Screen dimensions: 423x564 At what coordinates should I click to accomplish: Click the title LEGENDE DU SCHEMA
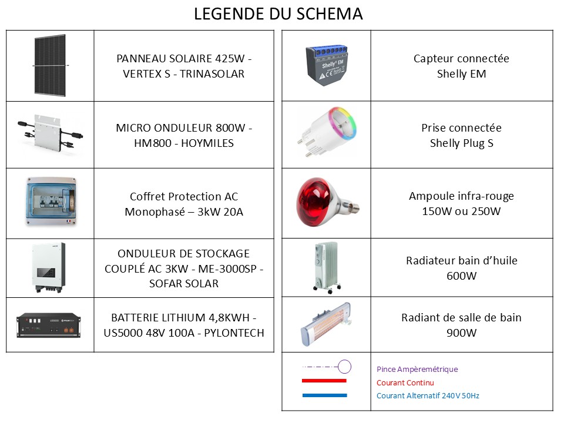(x=278, y=14)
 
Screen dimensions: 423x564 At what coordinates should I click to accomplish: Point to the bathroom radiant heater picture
(x=325, y=324)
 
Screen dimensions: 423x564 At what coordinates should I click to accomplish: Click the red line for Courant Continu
(x=324, y=381)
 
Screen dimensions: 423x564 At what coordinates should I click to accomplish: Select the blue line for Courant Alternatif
(x=324, y=395)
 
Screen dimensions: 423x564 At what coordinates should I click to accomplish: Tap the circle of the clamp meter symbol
(x=344, y=367)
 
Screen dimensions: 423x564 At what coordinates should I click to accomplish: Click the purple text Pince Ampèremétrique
(x=417, y=370)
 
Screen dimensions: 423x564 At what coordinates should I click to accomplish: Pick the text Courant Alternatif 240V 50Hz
(x=427, y=396)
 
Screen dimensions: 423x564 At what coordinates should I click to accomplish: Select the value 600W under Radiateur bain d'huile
(x=461, y=276)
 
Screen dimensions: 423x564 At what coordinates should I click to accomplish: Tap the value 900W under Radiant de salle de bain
(x=461, y=333)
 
